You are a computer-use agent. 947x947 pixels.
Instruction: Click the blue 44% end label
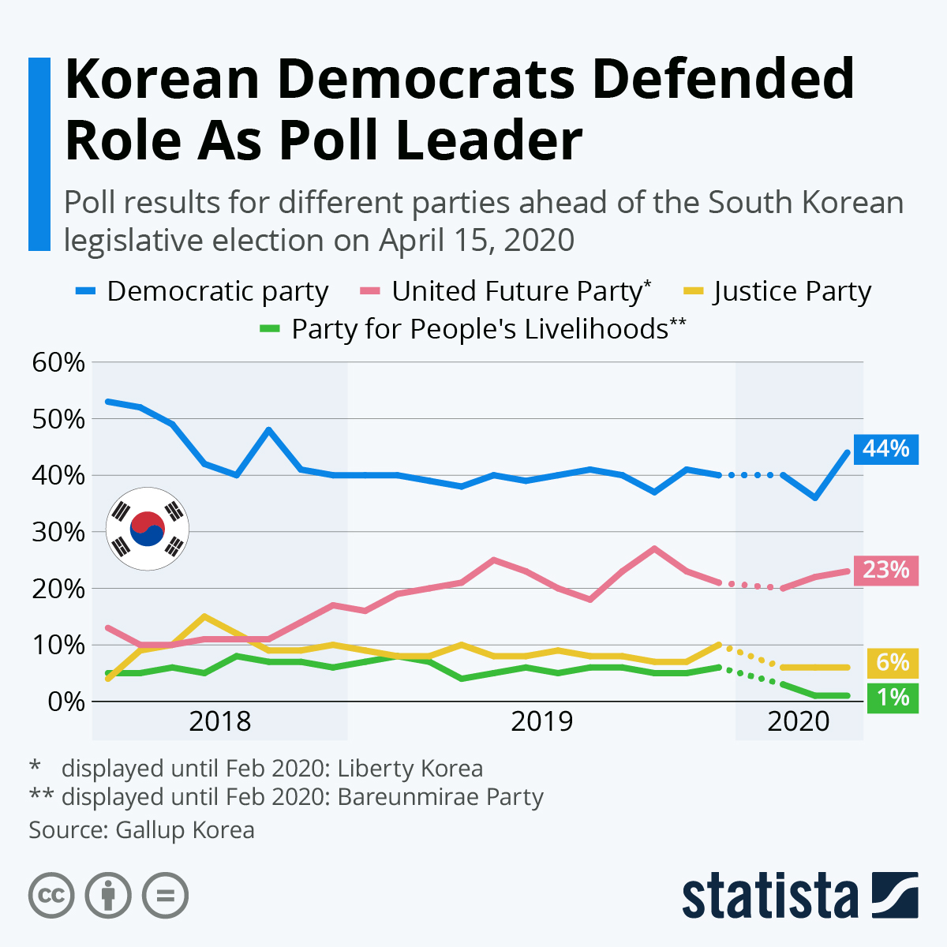coord(885,449)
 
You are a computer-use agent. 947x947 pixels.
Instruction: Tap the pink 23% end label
coord(885,570)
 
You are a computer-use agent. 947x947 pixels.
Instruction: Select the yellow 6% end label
coord(892,662)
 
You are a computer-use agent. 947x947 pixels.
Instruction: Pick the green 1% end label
coord(892,698)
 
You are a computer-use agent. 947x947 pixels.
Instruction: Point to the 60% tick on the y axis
coord(58,362)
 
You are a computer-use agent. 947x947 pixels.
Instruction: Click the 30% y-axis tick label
coord(58,532)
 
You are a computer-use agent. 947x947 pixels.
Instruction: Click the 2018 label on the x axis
coord(219,721)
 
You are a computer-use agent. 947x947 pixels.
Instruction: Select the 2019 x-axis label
coord(541,721)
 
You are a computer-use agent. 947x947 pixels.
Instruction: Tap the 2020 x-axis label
coord(799,721)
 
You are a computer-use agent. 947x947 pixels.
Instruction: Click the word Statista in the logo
coord(769,896)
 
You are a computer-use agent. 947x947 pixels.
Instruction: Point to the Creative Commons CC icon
coord(51,896)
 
